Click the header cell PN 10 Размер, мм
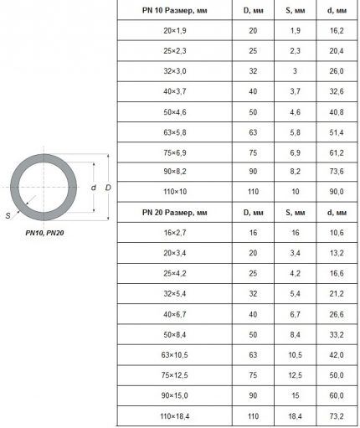click(175, 11)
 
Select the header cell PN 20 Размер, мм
click(175, 213)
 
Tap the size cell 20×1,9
click(175, 31)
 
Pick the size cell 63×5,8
click(175, 132)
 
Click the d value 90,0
click(337, 192)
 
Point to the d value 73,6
click(337, 172)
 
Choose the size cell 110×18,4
click(175, 416)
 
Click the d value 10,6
click(337, 233)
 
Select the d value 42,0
click(337, 355)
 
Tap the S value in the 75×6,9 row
click(295, 153)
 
